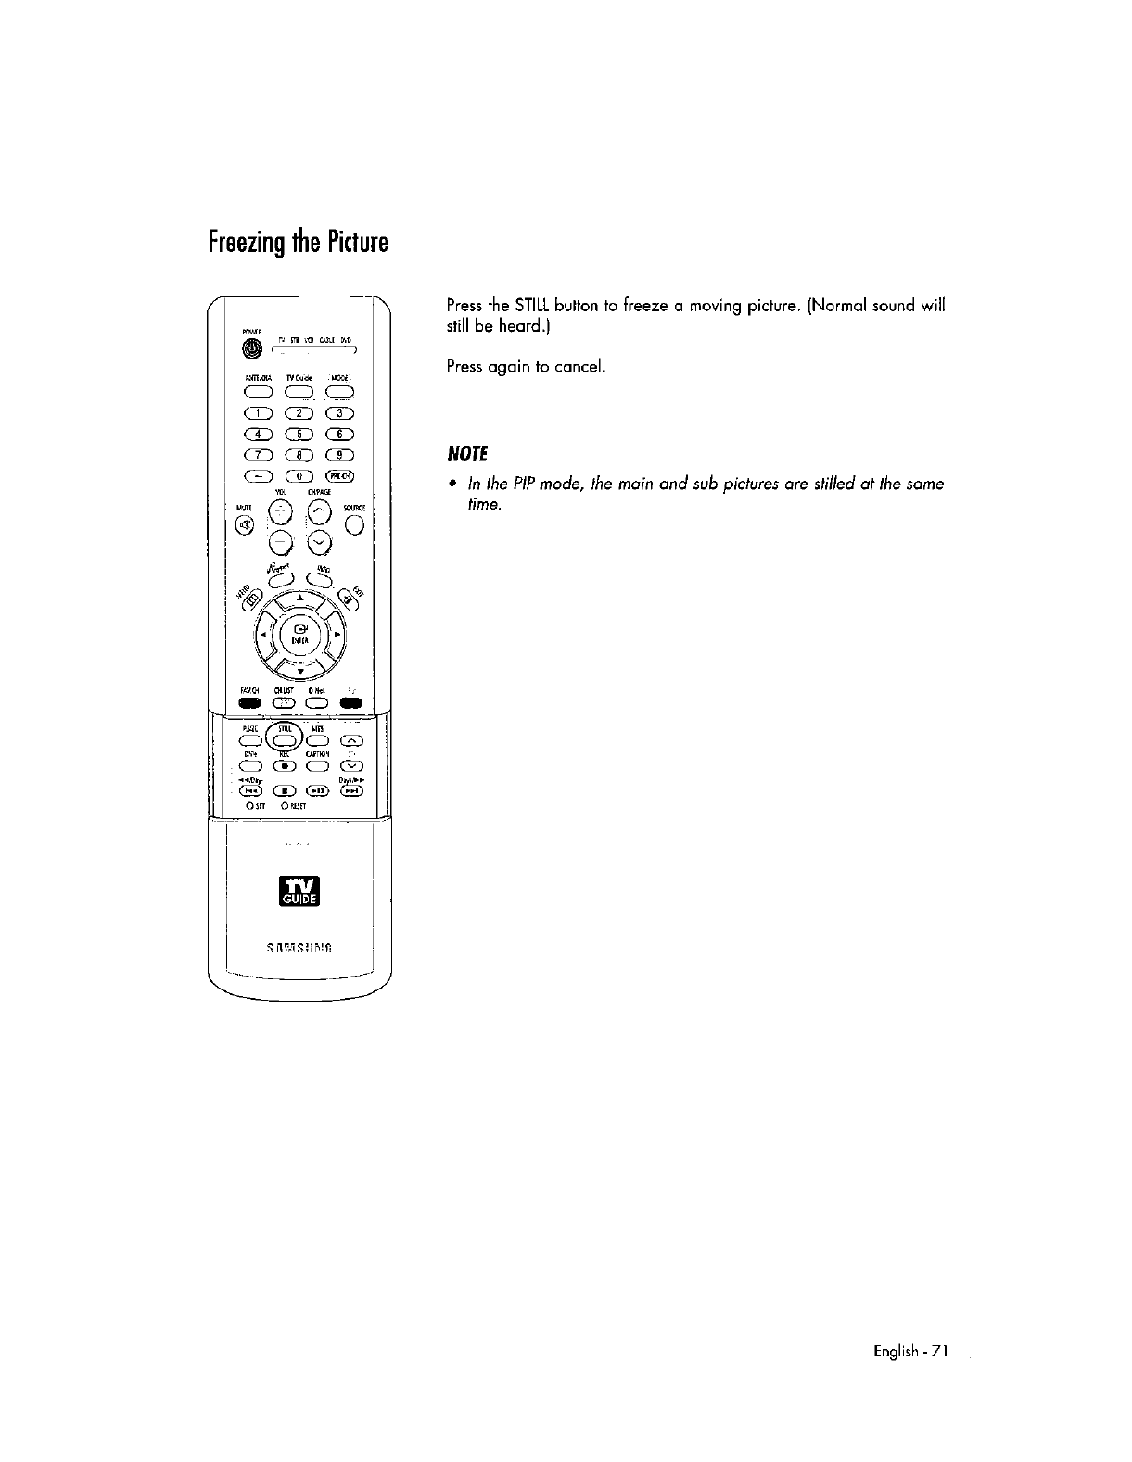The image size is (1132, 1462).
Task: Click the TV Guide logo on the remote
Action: (x=301, y=890)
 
